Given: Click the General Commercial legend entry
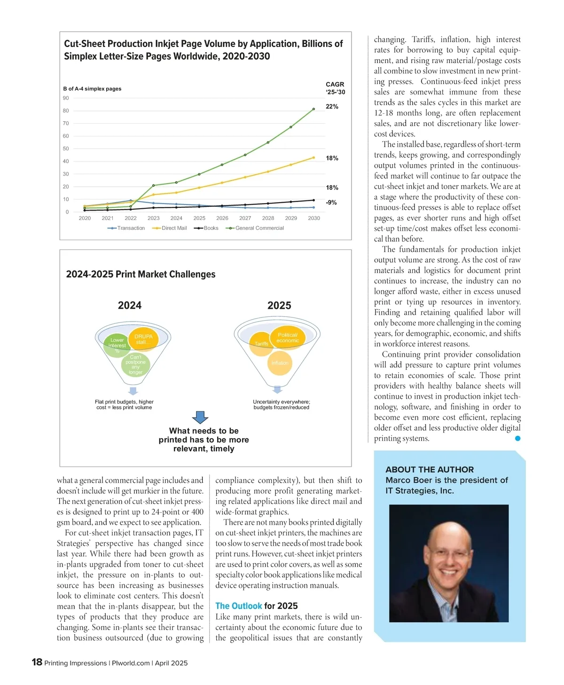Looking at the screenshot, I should pos(259,228).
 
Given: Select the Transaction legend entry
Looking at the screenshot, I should pos(130,228).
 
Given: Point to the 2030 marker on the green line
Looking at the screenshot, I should pos(314,109).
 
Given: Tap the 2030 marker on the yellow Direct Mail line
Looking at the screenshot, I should pos(314,158).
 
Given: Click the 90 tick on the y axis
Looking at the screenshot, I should pos(66,98).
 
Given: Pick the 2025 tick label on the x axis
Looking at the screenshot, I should pos(199,218).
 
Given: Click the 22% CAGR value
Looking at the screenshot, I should pos(332,107).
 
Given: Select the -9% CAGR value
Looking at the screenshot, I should pos(331,203).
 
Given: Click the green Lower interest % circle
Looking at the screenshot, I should pos(117,345).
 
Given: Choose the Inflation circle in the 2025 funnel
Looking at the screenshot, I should pos(280,363).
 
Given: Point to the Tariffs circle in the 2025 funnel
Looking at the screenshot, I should pos(261,344).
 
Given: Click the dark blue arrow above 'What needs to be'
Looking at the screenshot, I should pos(200,417).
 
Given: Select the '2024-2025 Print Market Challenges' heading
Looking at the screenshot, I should pos(141,275).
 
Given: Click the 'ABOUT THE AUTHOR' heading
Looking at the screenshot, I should pos(430,470).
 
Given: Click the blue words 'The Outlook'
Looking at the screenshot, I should pos(239,606).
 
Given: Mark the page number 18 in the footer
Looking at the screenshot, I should pos(37,662).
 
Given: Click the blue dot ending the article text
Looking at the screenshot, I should pos(517,439).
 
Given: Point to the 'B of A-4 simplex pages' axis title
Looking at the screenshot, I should pos(92,89).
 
